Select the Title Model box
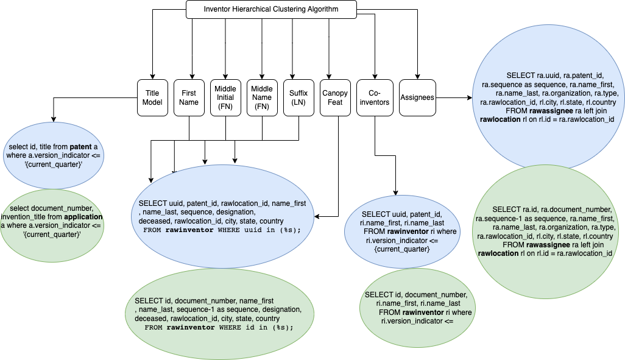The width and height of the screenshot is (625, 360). [152, 97]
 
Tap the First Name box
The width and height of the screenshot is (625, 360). [189, 97]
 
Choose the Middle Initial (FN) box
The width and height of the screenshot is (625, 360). [225, 97]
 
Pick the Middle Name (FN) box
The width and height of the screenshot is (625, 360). [262, 97]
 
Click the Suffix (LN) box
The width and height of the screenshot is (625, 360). [298, 97]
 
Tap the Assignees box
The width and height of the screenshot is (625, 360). [418, 97]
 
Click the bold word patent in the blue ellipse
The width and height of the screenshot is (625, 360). [82, 147]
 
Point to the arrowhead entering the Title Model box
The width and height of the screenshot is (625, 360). [152, 76]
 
